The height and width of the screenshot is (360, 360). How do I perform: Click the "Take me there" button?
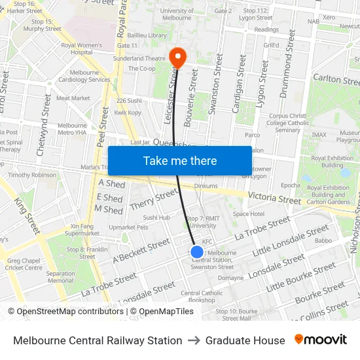[x=179, y=160]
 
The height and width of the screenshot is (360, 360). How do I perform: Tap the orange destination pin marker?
[x=177, y=57]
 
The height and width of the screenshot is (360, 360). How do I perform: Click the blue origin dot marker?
[x=196, y=251]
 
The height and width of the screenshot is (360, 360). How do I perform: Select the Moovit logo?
[x=321, y=340]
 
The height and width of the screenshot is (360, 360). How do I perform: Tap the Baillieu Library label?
[x=147, y=35]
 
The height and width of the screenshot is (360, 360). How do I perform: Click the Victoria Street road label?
[x=274, y=198]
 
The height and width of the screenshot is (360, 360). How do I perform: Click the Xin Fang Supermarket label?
[x=82, y=229]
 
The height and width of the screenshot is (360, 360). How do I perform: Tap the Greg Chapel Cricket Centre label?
[x=24, y=264]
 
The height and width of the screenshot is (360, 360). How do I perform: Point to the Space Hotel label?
[x=248, y=214]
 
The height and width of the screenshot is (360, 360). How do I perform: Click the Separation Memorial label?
[x=60, y=277]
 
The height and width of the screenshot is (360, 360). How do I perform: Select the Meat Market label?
[x=73, y=98]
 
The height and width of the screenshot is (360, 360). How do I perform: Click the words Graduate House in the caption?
[x=245, y=340]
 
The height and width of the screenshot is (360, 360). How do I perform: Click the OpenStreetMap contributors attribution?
[x=65, y=312]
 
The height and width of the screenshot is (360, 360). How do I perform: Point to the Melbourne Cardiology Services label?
[x=81, y=76]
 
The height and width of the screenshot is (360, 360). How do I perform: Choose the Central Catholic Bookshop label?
[x=202, y=297]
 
